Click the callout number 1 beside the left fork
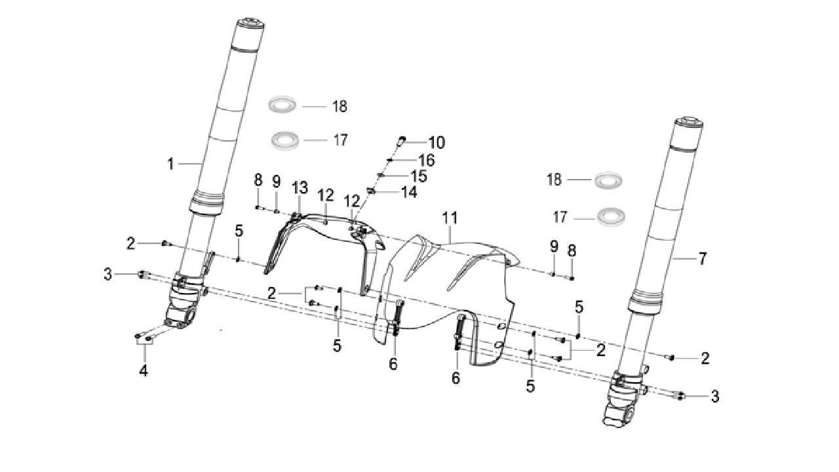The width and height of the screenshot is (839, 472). (171, 164)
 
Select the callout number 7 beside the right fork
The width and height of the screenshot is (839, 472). (702, 258)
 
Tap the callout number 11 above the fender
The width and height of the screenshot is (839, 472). (450, 218)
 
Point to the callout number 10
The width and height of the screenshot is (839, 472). (437, 143)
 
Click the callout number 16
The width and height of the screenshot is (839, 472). (427, 161)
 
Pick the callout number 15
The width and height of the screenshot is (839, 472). (419, 176)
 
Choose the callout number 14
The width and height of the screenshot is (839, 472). (409, 192)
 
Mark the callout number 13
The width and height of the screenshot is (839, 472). (300, 187)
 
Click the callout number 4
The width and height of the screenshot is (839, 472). (144, 370)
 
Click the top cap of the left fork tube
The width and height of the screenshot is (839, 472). (250, 24)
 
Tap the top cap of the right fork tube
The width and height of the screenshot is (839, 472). (689, 124)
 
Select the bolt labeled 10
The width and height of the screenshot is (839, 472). (401, 140)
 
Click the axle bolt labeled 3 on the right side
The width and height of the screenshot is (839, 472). (679, 395)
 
